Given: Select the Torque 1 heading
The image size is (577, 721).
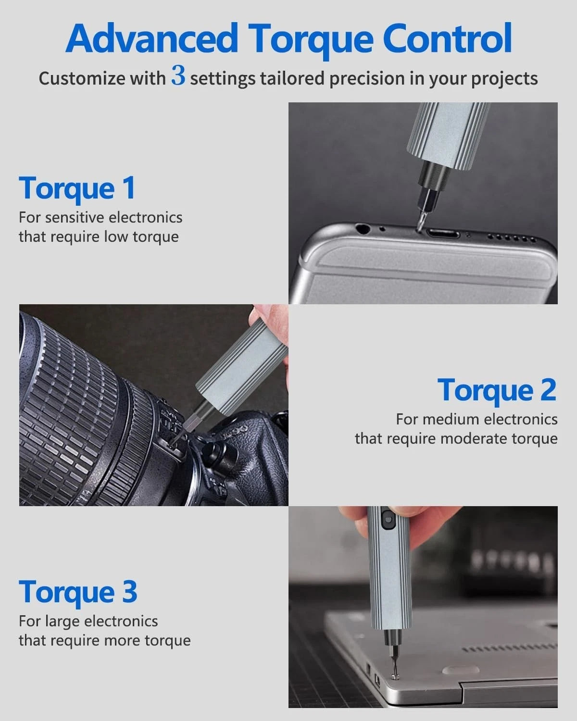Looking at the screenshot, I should pos(77,188).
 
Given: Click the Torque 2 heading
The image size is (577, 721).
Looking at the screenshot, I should pos(497,390).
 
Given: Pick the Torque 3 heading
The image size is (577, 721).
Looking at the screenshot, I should pos(78,592).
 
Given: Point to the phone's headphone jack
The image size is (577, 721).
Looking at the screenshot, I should pos(361,228).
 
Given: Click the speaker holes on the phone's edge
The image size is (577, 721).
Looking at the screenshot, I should pos(511,238).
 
